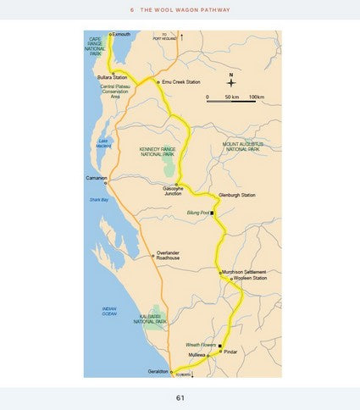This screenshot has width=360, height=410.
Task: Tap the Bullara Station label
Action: tap(112, 77)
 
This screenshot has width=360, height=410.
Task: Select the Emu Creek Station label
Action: tap(180, 82)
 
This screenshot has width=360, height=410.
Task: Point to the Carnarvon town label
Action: tap(97, 178)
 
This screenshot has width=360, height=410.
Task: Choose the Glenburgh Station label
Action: tap(237, 196)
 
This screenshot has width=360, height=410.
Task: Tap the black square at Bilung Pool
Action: tap(212, 213)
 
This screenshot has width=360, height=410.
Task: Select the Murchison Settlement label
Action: tap(247, 271)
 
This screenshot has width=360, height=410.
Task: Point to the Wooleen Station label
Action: tap(251, 278)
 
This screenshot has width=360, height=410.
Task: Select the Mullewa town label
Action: tap(196, 356)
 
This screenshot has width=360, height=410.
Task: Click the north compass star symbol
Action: tap(230, 83)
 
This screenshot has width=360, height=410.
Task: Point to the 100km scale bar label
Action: tap(258, 98)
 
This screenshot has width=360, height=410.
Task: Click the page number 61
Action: tap(180, 397)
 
